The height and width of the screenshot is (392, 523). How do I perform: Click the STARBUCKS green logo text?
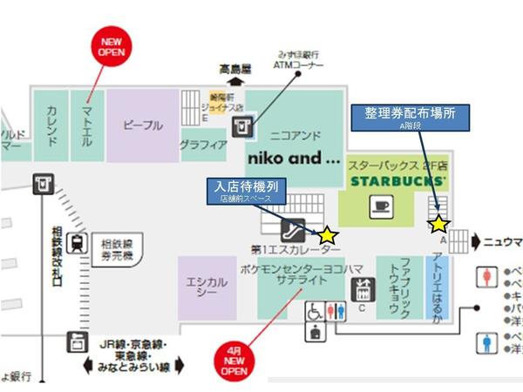tap(398, 182)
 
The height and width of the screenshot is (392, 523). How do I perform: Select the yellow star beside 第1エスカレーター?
tap(326, 234)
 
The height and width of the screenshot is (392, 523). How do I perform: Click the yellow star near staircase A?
tap(438, 224)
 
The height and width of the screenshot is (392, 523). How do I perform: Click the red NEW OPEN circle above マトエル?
tap(112, 46)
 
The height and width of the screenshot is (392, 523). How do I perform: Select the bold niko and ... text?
tap(295, 159)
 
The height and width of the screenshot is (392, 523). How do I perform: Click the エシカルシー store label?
tap(207, 287)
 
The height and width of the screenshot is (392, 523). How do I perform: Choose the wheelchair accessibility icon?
tap(313, 312)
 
